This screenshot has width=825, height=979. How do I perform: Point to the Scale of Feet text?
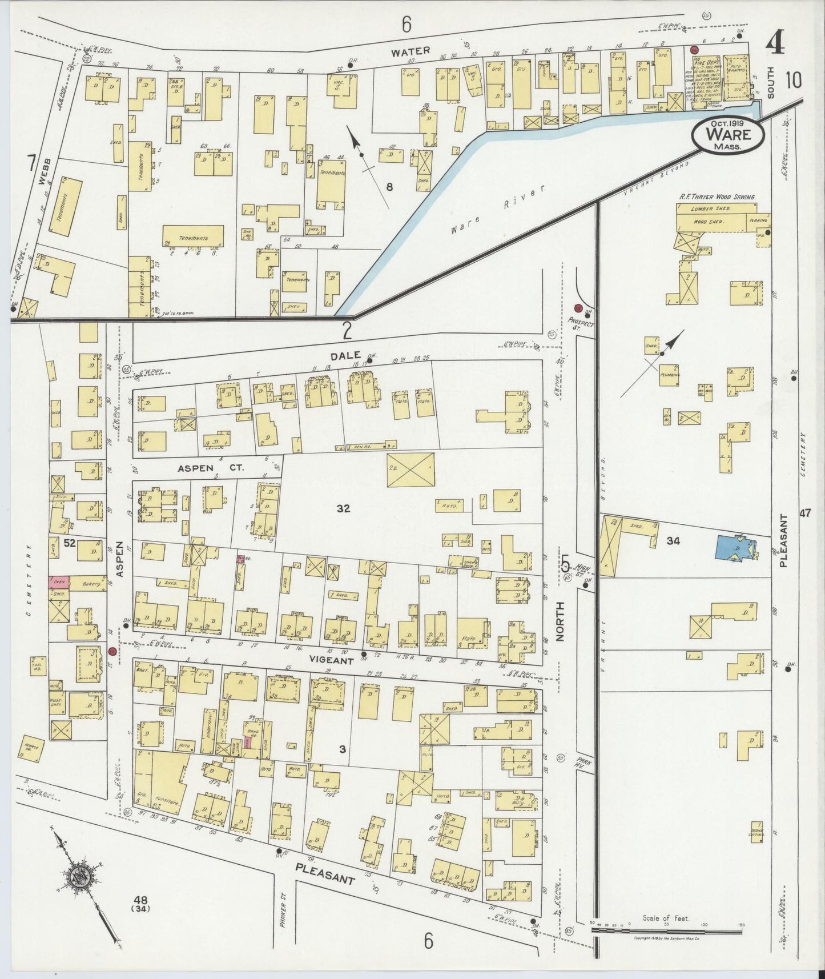click(x=666, y=918)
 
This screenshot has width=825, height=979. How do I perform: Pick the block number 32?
click(x=343, y=508)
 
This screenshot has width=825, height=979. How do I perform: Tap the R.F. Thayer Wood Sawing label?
click(x=717, y=196)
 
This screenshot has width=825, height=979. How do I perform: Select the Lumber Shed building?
click(x=711, y=209)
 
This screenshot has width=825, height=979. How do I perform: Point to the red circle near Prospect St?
click(x=578, y=308)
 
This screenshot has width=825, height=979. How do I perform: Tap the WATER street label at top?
click(x=410, y=51)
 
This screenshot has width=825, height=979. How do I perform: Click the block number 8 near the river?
click(x=389, y=186)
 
